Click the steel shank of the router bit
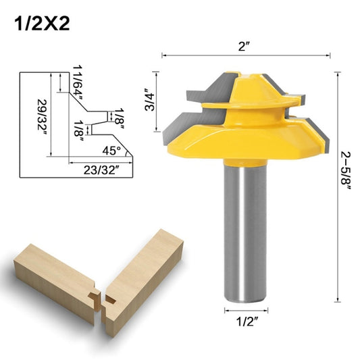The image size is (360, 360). coord(244,230)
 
